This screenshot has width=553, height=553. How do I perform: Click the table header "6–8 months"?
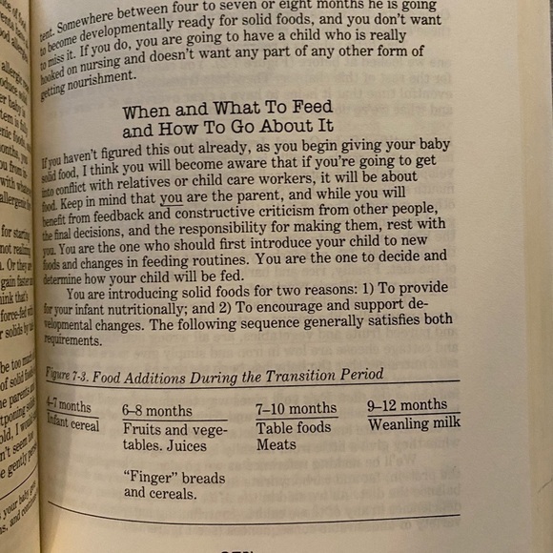(156, 411)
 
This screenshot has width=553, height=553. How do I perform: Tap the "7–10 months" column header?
(296, 409)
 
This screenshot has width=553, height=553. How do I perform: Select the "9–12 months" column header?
(407, 405)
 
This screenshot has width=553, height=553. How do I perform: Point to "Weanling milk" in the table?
(414, 422)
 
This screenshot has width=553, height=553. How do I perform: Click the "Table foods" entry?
(293, 427)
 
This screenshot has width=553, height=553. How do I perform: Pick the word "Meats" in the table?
(276, 444)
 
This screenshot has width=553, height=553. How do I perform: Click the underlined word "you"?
(172, 198)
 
